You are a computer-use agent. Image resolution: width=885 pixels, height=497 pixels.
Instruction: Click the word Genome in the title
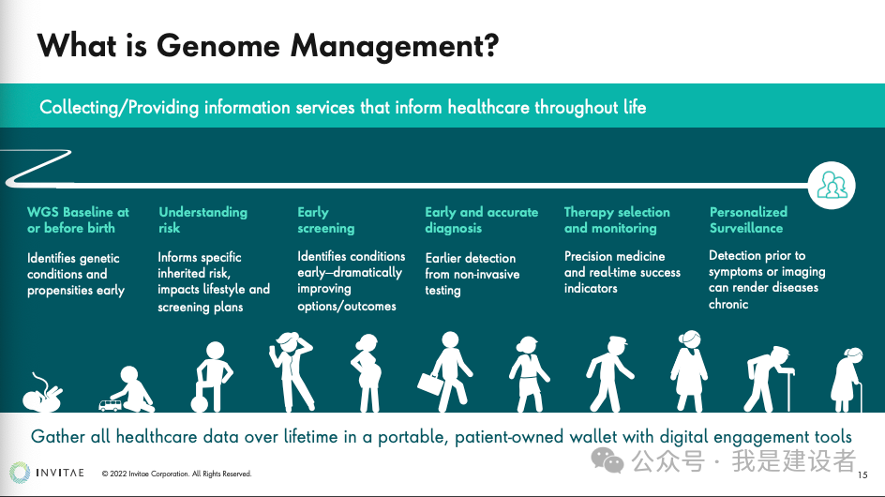[217, 45]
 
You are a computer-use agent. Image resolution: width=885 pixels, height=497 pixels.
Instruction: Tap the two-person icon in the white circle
[832, 186]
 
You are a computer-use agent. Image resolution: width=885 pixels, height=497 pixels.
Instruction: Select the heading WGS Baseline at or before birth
[78, 219]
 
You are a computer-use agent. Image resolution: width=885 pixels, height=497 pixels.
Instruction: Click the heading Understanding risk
[202, 219]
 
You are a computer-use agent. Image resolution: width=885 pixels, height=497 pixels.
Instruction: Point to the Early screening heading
[325, 219]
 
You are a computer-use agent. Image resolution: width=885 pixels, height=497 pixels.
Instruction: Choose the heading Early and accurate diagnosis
[482, 219]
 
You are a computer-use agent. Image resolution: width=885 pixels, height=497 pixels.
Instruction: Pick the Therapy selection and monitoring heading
[617, 219]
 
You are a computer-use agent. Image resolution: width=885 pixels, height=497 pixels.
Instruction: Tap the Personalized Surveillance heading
[748, 219]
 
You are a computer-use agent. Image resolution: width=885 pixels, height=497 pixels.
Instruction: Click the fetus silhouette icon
[42, 392]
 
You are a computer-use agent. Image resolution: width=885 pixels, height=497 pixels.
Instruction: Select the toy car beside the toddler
[110, 405]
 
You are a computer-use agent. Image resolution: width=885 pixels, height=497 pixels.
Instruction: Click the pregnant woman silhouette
[367, 373]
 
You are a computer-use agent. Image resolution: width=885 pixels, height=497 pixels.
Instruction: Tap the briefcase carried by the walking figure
[430, 384]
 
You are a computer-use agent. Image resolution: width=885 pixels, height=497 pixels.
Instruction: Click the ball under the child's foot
[200, 404]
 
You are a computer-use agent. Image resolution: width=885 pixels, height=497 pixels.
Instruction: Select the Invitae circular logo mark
[20, 473]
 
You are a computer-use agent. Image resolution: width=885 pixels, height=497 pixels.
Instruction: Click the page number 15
[862, 475]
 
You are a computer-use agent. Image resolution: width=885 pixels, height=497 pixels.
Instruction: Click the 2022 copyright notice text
[176, 474]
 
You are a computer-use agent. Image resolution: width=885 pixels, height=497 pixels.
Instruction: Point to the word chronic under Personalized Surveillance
[728, 304]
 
